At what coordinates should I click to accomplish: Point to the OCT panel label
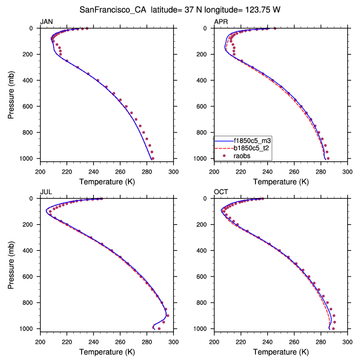click(x=221, y=191)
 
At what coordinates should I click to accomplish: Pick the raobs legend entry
click(x=241, y=156)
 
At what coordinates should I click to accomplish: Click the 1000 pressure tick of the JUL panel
click(x=28, y=329)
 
